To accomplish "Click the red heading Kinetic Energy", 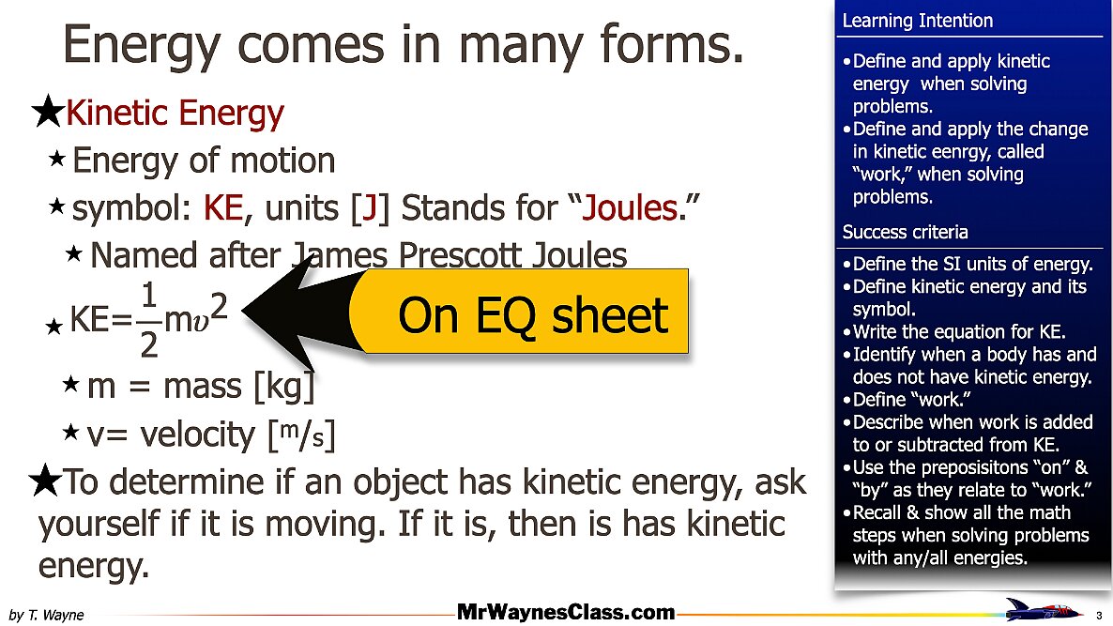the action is coord(175,114).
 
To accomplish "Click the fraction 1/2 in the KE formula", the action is coord(148,320).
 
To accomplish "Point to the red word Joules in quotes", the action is coord(629,208).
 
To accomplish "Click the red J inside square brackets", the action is coord(369,208).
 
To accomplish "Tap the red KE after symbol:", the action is coord(223,208).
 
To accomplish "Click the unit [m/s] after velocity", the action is coord(301,435).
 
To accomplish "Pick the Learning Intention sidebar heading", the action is coord(917,21).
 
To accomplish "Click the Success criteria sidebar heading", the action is coord(905,232).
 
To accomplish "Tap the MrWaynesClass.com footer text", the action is coord(566,612).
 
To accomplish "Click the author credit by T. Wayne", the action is coord(46,615).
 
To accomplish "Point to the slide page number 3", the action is coord(1099,616).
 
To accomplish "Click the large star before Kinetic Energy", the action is coord(48,112).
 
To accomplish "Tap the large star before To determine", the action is coord(45,481).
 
